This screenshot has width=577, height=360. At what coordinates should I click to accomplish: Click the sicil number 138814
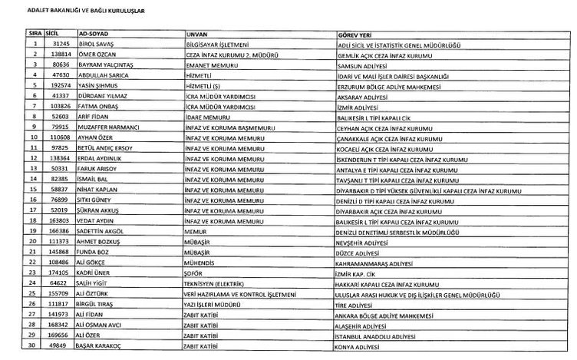pos(52,56)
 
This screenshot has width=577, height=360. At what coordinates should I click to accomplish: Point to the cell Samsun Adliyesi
pos(363,66)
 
